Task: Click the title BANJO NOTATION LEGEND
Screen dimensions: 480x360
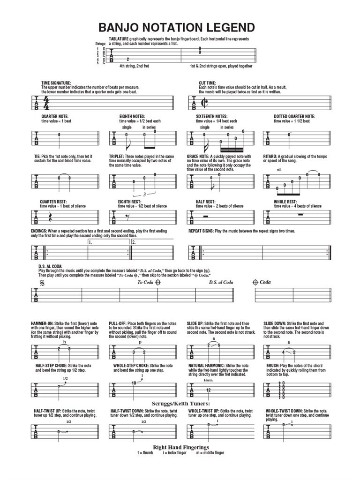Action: tap(177, 27)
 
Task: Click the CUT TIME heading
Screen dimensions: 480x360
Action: tap(207, 83)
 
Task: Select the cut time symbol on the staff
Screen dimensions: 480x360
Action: tap(204, 103)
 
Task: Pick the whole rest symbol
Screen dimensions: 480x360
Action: tap(301, 214)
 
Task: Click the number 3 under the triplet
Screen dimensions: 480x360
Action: tap(144, 194)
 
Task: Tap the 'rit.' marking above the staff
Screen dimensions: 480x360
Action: tap(279, 169)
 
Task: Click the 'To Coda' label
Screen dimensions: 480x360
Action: tap(145, 282)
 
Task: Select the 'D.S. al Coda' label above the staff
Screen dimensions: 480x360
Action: tap(221, 282)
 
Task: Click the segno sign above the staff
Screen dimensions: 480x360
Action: tap(43, 283)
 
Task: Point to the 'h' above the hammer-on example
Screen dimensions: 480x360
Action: tap(64, 342)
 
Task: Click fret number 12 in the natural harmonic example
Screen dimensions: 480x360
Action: tap(208, 390)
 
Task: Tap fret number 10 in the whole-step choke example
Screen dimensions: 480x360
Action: tap(134, 383)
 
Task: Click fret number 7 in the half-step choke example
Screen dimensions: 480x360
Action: tap(58, 387)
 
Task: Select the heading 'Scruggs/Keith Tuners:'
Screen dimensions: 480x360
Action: tap(180, 403)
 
